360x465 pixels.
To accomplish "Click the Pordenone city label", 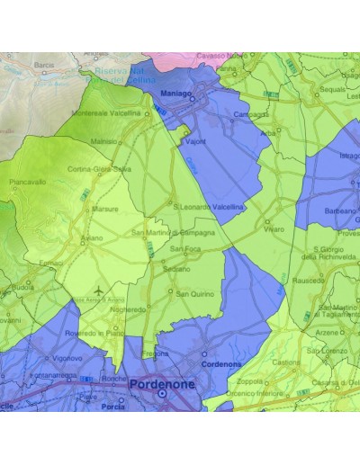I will (x=161, y=383).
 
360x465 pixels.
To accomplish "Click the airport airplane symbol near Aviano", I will (x=97, y=292).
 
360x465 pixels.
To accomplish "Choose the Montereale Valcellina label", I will (x=107, y=114).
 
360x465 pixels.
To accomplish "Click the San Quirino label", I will (x=193, y=293).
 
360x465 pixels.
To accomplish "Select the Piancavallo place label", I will (x=28, y=182).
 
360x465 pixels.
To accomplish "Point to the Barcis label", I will (x=44, y=65).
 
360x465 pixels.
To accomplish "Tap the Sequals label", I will (x=333, y=89).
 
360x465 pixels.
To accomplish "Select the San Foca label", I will (x=185, y=248).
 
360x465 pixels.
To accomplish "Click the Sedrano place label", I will (x=176, y=269).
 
